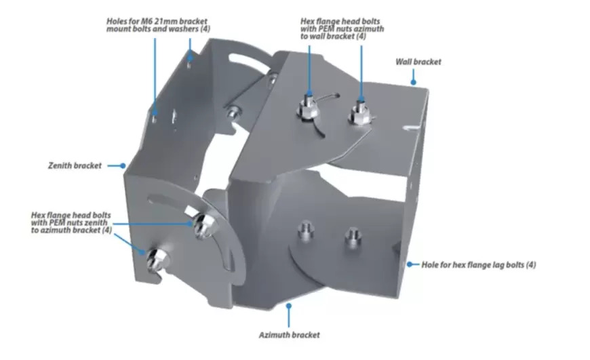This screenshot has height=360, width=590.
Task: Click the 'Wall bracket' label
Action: coord(418,62)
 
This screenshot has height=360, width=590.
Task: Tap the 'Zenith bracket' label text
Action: coord(75,165)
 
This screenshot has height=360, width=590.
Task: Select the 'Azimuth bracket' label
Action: coord(289,335)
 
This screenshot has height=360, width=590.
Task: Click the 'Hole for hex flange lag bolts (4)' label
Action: coord(478,265)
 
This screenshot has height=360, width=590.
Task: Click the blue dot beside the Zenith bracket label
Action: coord(123,165)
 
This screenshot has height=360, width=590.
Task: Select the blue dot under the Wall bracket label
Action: coord(413,82)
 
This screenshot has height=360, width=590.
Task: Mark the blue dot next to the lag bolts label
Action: coord(410,264)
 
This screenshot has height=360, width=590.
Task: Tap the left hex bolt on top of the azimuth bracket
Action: coord(309,108)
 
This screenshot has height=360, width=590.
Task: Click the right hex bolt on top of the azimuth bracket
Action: coord(359,113)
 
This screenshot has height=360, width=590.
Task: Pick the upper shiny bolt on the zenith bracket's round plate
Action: coord(203,225)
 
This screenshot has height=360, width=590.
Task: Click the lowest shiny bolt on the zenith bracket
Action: coord(156,259)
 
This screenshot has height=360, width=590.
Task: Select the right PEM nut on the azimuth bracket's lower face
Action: coord(353,236)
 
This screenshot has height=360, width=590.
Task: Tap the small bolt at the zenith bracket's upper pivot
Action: coord(233,111)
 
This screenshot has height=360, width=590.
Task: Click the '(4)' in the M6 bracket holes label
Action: coord(205,29)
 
